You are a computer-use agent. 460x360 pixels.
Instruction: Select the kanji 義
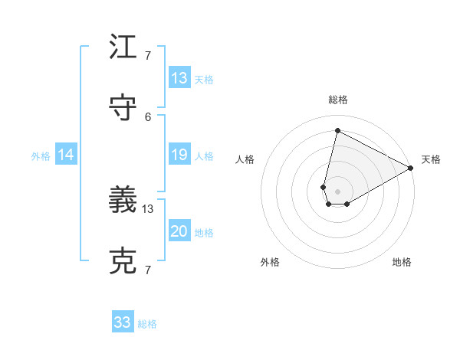click(123, 201)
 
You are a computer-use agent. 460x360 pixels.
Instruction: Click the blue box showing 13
click(179, 78)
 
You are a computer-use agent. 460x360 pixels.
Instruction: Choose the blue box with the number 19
click(179, 155)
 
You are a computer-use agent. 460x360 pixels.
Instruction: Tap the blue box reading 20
click(179, 232)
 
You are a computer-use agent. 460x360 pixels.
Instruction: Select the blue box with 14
click(66, 155)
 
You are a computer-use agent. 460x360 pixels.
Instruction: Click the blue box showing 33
click(123, 322)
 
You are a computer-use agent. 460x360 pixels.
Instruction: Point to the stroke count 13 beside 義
click(148, 209)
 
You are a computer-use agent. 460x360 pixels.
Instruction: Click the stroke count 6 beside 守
click(148, 116)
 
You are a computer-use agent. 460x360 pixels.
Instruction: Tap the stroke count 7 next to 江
click(148, 55)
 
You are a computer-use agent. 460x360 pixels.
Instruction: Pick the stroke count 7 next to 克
click(148, 270)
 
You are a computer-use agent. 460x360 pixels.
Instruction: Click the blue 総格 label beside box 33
click(147, 324)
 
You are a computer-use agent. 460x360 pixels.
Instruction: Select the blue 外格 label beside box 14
click(41, 156)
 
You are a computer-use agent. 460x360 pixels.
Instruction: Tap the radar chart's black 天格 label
click(431, 159)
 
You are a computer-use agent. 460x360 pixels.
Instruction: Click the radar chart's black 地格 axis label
click(402, 262)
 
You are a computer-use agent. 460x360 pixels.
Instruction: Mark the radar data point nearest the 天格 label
click(411, 168)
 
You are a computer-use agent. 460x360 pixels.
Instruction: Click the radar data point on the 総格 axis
click(337, 130)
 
